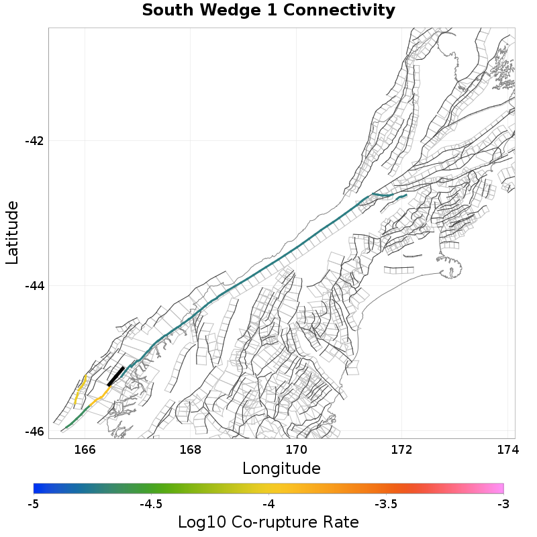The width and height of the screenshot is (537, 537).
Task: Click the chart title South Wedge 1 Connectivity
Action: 268,11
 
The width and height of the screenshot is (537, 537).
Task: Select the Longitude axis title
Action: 281,467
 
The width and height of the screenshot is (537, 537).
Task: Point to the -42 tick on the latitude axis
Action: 34,141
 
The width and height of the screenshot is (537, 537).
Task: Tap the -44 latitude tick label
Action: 34,286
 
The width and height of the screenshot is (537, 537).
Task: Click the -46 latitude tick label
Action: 34,431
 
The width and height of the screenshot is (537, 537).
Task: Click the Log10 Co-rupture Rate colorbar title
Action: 268,522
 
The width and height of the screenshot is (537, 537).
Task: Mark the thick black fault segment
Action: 116,376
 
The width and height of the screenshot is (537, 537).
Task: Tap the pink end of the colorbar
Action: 499,489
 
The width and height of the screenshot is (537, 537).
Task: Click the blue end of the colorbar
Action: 38,489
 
